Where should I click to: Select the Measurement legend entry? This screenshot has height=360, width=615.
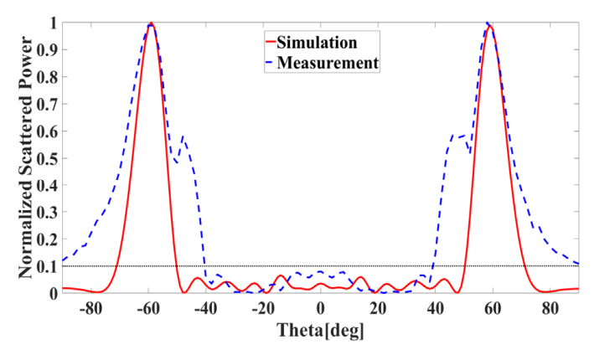[x=333, y=62]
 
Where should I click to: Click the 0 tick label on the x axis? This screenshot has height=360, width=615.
[x=321, y=308]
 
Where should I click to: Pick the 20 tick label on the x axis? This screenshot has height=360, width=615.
[x=379, y=308]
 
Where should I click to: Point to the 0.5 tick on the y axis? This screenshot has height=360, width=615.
[x=50, y=158]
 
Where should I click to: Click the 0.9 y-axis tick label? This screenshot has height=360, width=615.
[x=50, y=50]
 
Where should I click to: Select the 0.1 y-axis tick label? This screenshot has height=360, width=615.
[x=50, y=266]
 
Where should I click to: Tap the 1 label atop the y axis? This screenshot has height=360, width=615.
[x=54, y=23]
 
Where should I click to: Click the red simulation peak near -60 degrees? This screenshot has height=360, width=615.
[x=151, y=23]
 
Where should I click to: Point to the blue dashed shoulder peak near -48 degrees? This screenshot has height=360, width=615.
[x=183, y=136]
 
